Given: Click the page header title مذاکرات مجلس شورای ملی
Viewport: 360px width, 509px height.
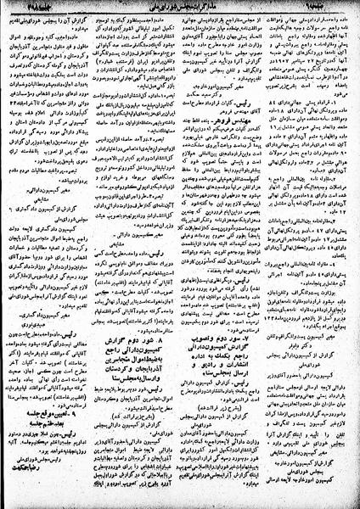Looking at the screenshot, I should tap(180, 8).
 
